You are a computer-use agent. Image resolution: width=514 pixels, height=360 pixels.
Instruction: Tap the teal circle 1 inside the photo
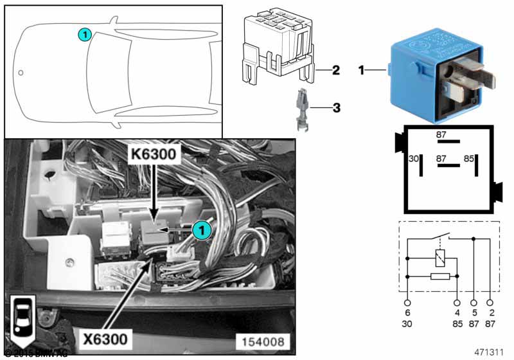tap(201, 229)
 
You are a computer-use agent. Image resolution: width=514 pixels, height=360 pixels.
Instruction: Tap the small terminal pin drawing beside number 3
tap(303, 110)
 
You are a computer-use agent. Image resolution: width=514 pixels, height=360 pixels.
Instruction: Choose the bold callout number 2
tap(335, 69)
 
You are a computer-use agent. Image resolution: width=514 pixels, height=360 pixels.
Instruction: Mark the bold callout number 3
tap(335, 107)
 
